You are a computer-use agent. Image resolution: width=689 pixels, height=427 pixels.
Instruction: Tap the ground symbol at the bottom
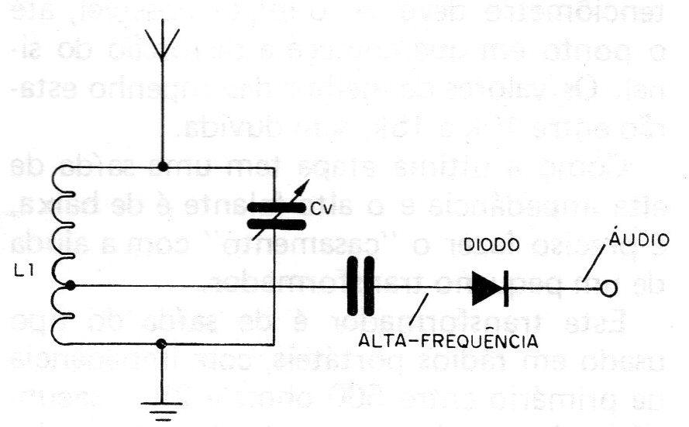tap(162, 411)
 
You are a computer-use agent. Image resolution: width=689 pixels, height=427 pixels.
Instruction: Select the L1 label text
tap(22, 272)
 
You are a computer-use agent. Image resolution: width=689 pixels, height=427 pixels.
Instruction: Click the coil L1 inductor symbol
tap(61, 255)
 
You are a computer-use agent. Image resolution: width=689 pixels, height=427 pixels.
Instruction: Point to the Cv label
tap(321, 209)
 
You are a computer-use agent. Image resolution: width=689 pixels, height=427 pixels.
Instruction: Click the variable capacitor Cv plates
tap(277, 216)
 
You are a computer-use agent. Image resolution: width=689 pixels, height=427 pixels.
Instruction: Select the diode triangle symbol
tap(487, 288)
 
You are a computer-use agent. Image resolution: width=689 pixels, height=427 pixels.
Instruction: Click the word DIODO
tap(491, 245)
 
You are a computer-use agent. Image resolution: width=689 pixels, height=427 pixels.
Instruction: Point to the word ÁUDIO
tap(639, 238)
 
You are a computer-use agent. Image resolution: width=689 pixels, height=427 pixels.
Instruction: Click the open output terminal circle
tap(608, 288)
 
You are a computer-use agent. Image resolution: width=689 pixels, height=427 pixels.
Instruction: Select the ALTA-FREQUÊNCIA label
tap(448, 340)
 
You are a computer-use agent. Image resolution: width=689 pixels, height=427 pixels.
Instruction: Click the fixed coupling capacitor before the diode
tap(360, 287)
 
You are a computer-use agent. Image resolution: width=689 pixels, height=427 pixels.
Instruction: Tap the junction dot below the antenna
tap(163, 167)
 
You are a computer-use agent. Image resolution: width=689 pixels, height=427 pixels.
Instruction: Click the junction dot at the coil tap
tap(70, 286)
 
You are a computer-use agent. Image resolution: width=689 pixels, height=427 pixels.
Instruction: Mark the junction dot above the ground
tap(162, 344)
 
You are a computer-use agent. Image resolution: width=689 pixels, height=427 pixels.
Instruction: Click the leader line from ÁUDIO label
tap(595, 264)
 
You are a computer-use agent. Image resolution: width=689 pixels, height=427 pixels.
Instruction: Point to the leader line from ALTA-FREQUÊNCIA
tap(419, 309)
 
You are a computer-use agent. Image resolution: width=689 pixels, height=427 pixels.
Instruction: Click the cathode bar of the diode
tap(506, 288)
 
